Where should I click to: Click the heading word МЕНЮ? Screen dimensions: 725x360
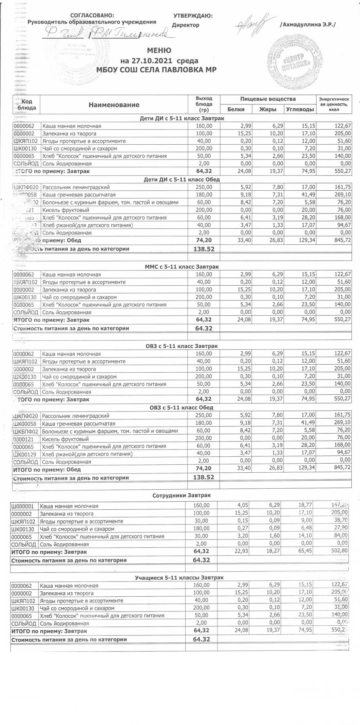pos(159,50)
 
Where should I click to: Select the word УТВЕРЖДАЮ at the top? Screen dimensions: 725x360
pos(193,16)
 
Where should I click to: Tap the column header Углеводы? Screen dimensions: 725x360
pos(300,109)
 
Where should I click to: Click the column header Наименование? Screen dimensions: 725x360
pos(114,105)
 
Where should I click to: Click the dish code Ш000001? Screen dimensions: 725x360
pos(23,506)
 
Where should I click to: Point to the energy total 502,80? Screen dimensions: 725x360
pos(338,552)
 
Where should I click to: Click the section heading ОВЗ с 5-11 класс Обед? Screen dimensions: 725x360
pos(182,407)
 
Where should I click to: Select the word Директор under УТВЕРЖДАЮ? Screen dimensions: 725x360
pos(186,25)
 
